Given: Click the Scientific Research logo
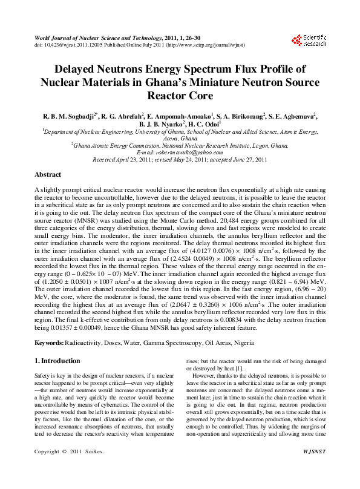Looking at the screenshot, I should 309,40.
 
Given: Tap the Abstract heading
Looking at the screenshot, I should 48,174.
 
